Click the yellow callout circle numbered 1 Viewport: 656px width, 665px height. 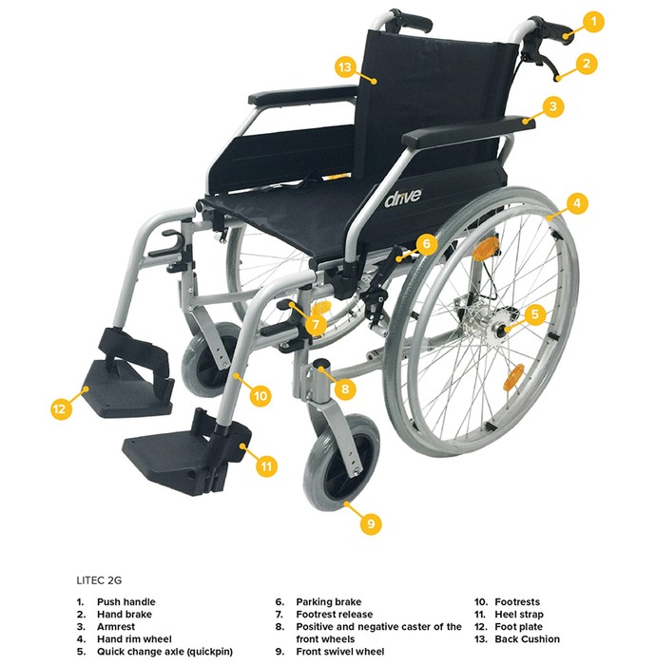(x=593, y=21)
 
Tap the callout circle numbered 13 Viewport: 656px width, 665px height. (x=346, y=67)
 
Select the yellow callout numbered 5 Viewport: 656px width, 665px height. (x=534, y=313)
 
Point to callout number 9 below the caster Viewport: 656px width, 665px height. (x=371, y=523)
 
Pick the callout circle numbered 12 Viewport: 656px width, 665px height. (x=61, y=408)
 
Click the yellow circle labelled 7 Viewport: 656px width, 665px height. (x=316, y=325)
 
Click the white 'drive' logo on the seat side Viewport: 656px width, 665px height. (x=403, y=198)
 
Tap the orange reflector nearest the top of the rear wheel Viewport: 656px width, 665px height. (x=486, y=248)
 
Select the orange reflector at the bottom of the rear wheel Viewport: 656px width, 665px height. (x=513, y=377)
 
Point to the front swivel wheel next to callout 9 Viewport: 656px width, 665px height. (x=340, y=463)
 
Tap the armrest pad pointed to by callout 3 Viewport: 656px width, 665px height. (x=469, y=131)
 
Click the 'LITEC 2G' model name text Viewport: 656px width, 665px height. (x=99, y=580)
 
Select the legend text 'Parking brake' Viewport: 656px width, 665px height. (x=328, y=601)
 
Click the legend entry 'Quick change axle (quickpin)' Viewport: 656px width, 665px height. (x=164, y=652)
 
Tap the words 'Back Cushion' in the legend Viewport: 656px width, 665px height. (x=527, y=638)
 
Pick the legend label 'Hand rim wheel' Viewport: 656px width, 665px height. (x=134, y=638)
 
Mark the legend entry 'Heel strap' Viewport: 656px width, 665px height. (x=519, y=614)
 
